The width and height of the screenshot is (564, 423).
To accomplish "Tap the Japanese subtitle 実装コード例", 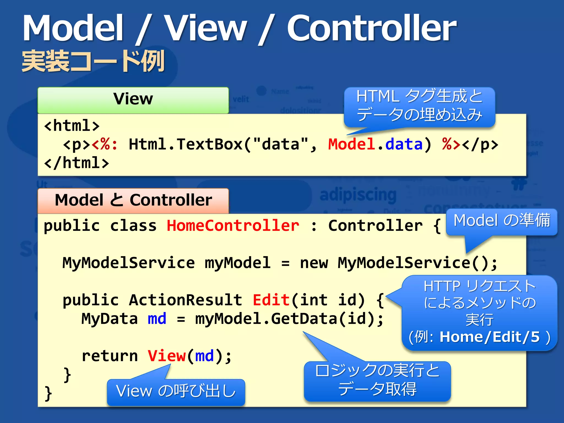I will (x=93, y=61).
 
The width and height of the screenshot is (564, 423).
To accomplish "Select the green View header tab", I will (x=133, y=100).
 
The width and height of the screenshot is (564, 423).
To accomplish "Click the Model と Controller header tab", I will (x=133, y=200).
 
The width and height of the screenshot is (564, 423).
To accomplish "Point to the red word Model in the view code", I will (x=351, y=144).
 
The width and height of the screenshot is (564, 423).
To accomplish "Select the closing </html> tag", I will (x=77, y=163).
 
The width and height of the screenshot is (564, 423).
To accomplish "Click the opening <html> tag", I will (x=72, y=126).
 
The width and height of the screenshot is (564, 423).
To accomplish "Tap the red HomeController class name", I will (x=233, y=226).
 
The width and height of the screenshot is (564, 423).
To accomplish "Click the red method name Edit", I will (x=271, y=300).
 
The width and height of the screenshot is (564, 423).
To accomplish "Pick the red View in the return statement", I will (x=167, y=356).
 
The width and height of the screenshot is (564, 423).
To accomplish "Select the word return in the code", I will (x=110, y=356).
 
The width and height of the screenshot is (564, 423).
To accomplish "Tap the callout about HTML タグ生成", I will (x=419, y=106).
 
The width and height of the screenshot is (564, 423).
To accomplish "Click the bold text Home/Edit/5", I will (x=489, y=337).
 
